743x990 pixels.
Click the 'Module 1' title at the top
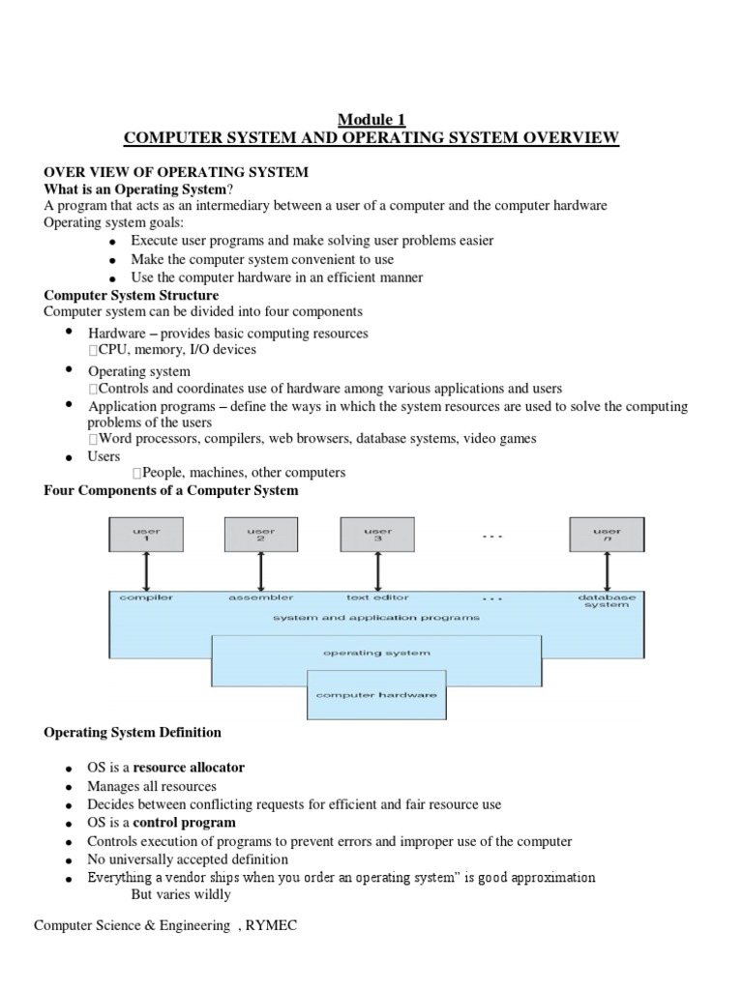[371, 120]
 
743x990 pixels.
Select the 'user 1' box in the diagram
[145, 536]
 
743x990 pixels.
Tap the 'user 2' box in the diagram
[260, 536]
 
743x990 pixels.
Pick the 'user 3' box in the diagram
[376, 536]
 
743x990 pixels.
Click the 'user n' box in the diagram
[607, 536]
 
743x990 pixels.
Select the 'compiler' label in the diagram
[146, 597]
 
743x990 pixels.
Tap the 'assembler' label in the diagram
[261, 597]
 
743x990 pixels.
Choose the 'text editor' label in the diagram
[376, 597]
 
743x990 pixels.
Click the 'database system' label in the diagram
[607, 601]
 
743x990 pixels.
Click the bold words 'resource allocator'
[189, 768]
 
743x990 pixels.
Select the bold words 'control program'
[184, 823]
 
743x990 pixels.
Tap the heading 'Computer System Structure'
[132, 295]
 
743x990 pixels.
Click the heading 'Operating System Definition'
[133, 733]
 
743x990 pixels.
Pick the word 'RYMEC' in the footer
[272, 926]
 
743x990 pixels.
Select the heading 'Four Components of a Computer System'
[171, 491]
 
